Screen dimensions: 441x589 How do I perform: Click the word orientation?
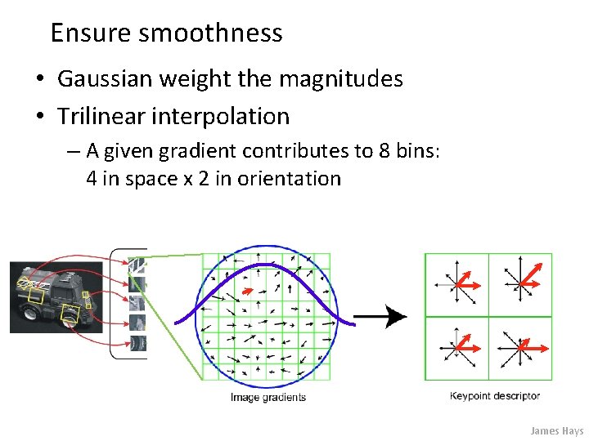click(289, 178)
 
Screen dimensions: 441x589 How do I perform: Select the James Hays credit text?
click(556, 430)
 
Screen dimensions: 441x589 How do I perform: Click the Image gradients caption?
click(268, 398)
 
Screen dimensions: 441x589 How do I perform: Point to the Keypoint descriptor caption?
click(495, 396)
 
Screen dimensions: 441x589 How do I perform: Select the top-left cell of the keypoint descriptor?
click(456, 284)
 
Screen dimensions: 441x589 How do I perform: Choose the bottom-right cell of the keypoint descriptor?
click(520, 348)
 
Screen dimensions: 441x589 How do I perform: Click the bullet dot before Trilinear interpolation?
click(39, 117)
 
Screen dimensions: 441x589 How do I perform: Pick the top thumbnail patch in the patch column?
click(137, 266)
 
